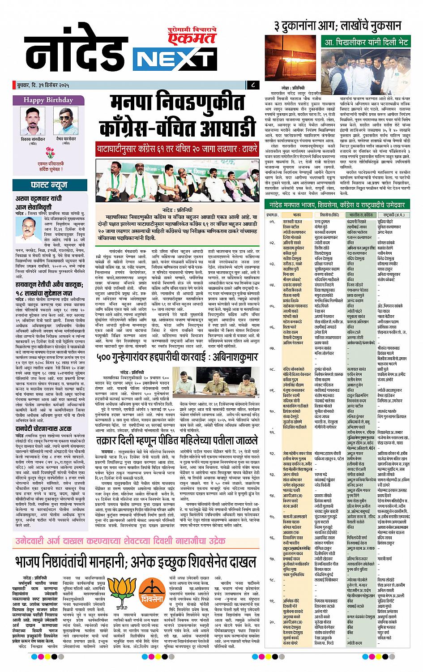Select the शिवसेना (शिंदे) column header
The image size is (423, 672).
tap(329, 215)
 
